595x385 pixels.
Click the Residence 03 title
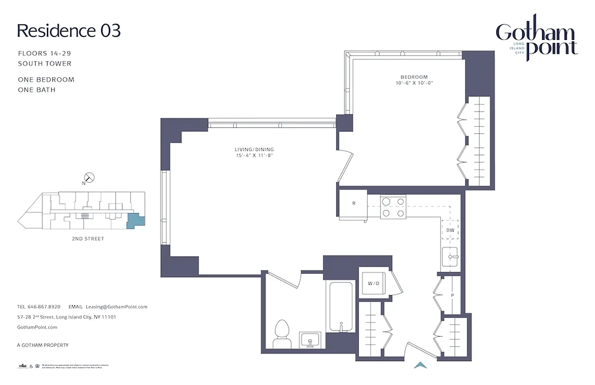(x=68, y=30)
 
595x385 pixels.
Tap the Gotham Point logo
(x=536, y=40)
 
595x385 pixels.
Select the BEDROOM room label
(x=414, y=77)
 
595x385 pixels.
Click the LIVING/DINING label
(x=254, y=149)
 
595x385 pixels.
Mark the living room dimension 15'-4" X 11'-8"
(x=254, y=155)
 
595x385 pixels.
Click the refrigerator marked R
(x=353, y=204)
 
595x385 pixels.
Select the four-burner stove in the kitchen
(x=393, y=206)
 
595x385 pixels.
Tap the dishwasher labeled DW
(x=451, y=230)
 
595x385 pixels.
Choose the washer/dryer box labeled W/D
(x=374, y=283)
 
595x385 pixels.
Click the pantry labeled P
(x=452, y=295)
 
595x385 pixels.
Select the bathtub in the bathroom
(x=341, y=306)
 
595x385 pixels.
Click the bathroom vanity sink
(x=310, y=340)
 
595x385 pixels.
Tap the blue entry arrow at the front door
(x=421, y=365)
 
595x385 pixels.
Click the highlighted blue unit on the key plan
(x=134, y=221)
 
